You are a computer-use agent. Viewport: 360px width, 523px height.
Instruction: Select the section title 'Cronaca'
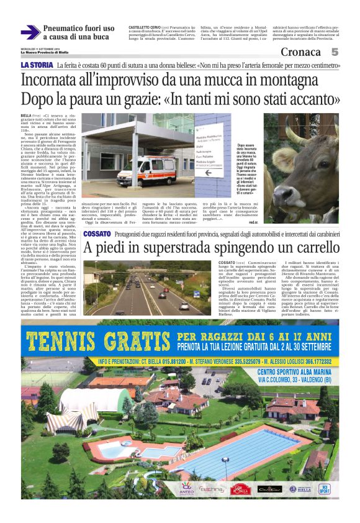click(x=300, y=52)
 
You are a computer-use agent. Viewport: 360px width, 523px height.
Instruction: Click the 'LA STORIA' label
click(x=37, y=65)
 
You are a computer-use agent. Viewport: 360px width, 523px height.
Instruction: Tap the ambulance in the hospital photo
click(x=146, y=171)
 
